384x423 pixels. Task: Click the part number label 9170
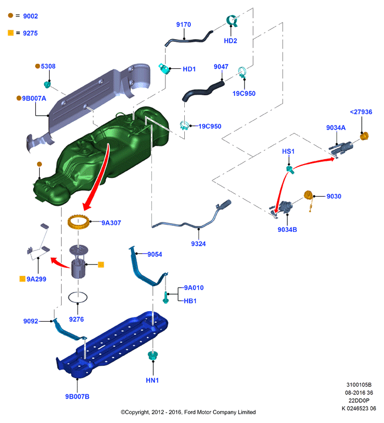coord(184,25)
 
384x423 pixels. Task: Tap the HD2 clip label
coord(230,41)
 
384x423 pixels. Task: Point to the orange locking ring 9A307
coord(78,222)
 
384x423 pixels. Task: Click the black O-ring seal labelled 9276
coord(78,297)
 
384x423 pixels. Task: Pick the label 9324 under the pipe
coord(199,244)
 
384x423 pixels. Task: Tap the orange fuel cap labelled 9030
coord(308,195)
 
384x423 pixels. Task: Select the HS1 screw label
coord(288,151)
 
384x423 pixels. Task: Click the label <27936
coord(361,112)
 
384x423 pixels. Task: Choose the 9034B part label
coord(287,230)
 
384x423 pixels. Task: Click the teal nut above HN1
coord(153,355)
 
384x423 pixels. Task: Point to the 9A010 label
coord(194,288)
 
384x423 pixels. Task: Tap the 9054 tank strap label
coord(154,254)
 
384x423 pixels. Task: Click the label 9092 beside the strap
coord(30,321)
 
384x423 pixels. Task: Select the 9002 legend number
coord(30,16)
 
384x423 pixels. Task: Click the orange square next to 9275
coord(10,33)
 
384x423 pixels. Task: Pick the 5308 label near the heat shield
coord(48,66)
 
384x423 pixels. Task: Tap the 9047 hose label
coord(221,67)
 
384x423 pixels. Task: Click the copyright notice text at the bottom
coord(188,412)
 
